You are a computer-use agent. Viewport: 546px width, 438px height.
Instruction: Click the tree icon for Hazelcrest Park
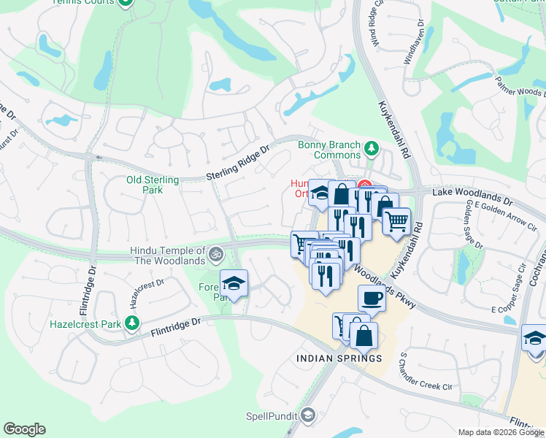tap(131, 322)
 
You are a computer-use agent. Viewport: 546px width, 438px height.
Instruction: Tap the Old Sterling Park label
tap(153, 185)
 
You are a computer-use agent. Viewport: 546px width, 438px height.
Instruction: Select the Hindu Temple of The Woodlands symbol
tap(215, 255)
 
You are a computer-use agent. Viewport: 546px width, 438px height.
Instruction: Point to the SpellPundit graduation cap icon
tap(308, 415)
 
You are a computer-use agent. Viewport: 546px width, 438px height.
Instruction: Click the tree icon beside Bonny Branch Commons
tap(371, 149)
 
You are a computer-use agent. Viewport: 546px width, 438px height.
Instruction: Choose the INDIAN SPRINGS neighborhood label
tap(339, 358)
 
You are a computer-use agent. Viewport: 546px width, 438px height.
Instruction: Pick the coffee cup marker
tap(372, 298)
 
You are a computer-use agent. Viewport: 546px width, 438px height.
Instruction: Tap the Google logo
tap(25, 429)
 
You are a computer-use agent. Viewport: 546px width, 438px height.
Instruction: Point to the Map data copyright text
tap(501, 432)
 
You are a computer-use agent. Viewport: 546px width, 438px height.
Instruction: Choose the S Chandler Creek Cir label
tap(426, 370)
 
